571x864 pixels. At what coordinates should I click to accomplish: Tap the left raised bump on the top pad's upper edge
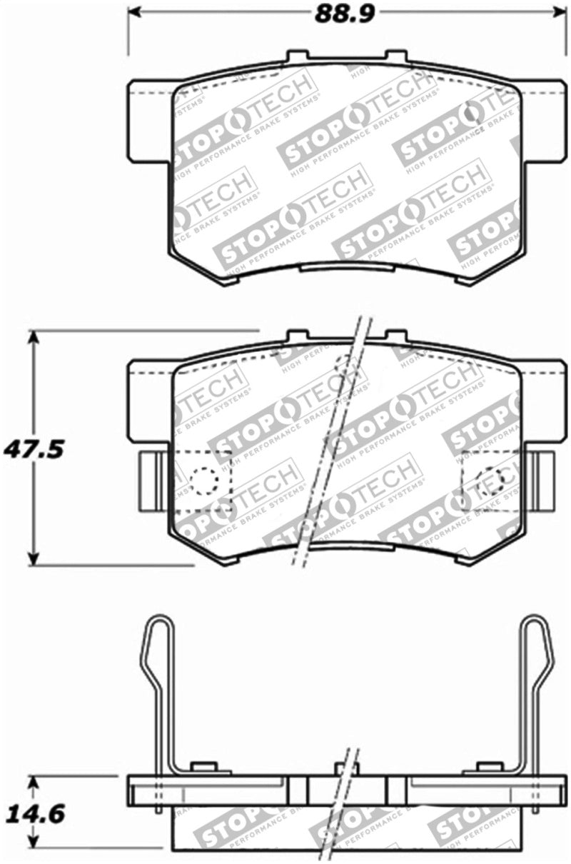[298, 56]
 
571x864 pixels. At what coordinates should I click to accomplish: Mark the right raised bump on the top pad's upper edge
[395, 56]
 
